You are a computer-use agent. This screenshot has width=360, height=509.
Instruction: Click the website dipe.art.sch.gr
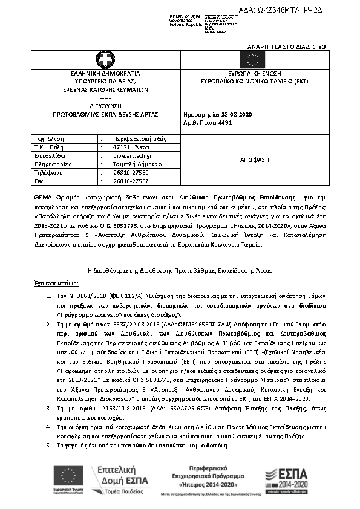point(133,155)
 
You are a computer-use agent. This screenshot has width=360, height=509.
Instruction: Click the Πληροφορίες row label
point(48,163)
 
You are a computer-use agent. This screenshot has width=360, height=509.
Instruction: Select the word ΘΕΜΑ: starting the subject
point(44,197)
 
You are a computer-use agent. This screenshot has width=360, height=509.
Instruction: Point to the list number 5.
point(49,446)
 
